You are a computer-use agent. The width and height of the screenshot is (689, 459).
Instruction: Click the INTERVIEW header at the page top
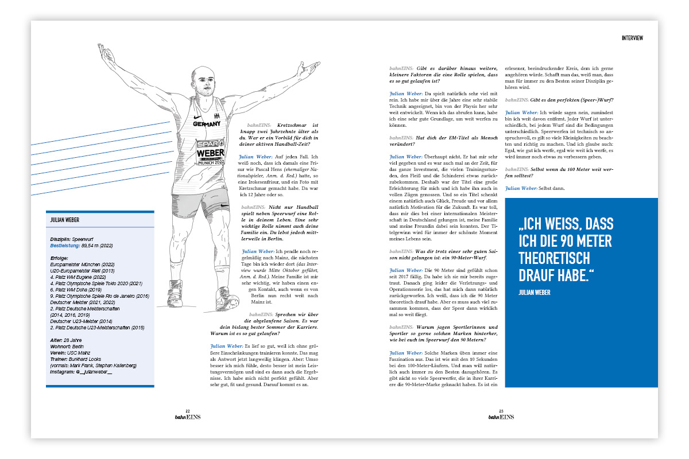(x=632, y=38)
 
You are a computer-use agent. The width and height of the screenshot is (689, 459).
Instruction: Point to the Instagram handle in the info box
(x=81, y=372)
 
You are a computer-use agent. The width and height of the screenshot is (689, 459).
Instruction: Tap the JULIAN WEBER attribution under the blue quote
(x=534, y=293)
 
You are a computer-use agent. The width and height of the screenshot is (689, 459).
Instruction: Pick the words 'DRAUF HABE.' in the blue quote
(x=553, y=277)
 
